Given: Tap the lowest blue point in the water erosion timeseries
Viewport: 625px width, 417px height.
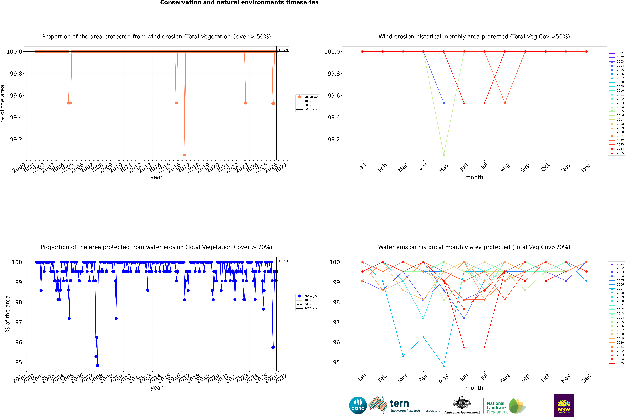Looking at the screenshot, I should pos(98,365).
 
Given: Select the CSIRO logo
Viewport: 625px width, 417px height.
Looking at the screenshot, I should pos(358,405).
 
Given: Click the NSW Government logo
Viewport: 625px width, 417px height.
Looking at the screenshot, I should pos(564,405).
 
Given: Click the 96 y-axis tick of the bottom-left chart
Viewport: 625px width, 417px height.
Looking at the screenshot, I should pos(19,342).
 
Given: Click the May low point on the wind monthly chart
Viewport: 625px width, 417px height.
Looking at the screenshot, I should pos(444,155).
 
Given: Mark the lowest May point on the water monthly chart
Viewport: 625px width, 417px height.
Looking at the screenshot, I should pos(444,365).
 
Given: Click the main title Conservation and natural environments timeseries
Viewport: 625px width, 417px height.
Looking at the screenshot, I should pos(239,3).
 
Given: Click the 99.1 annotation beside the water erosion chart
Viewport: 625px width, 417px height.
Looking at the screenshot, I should pos(282,279).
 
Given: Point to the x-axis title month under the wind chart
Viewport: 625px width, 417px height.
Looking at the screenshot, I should pos(474,177).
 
